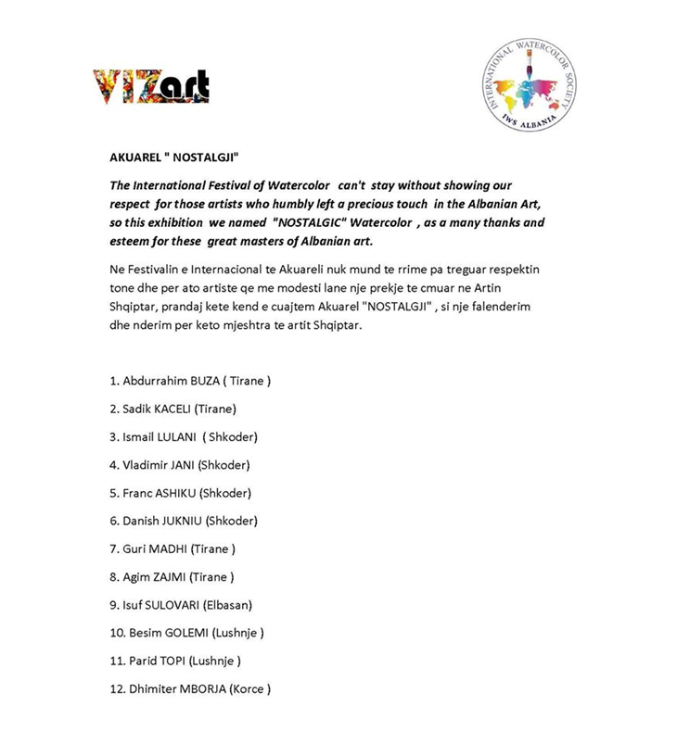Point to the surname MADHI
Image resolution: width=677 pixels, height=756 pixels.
pos(169,548)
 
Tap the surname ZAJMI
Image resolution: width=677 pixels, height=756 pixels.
pos(169,576)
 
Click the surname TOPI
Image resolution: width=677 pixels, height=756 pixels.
pos(172,661)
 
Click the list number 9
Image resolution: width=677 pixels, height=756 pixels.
pos(113,604)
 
